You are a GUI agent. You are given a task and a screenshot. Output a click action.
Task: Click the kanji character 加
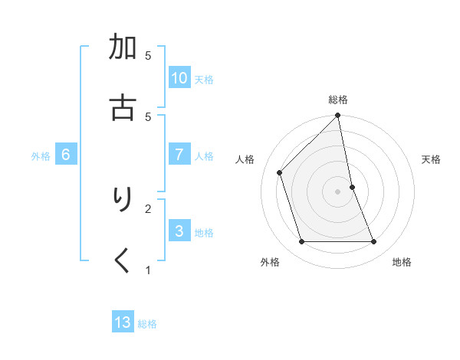tap(123, 50)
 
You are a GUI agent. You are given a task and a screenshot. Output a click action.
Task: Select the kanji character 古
tap(123, 107)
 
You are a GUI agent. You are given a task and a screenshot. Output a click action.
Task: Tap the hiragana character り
tap(123, 200)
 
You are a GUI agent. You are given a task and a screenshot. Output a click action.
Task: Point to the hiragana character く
tap(123, 260)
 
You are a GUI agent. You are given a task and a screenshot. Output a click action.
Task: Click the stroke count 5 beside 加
tap(148, 56)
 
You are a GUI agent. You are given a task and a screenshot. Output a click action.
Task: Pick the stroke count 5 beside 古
tap(148, 116)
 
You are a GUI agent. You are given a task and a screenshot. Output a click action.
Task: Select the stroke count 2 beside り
tap(148, 208)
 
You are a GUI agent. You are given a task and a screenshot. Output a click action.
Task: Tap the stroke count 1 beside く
tap(148, 269)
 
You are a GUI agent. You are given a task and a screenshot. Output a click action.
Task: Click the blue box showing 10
tap(179, 78)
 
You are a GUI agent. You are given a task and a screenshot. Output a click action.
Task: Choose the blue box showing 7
tap(179, 155)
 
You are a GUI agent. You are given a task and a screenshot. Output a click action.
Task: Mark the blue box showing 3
tap(179, 231)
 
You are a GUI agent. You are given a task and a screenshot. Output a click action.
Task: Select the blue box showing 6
tap(66, 155)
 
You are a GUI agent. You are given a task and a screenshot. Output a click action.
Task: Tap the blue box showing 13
tap(123, 322)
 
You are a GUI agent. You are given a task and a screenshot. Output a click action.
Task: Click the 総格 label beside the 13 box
tap(147, 324)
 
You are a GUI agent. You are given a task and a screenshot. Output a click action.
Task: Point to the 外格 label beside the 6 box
tap(41, 156)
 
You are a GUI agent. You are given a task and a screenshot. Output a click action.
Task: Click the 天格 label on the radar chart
tap(431, 159)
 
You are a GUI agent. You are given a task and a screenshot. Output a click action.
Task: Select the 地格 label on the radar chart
tap(402, 262)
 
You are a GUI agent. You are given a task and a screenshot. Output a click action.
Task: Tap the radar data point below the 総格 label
tap(338, 116)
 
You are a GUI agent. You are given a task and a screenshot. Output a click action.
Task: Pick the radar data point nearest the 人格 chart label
tap(280, 172)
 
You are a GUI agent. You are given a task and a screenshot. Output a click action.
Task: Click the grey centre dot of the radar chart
tap(338, 191)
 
